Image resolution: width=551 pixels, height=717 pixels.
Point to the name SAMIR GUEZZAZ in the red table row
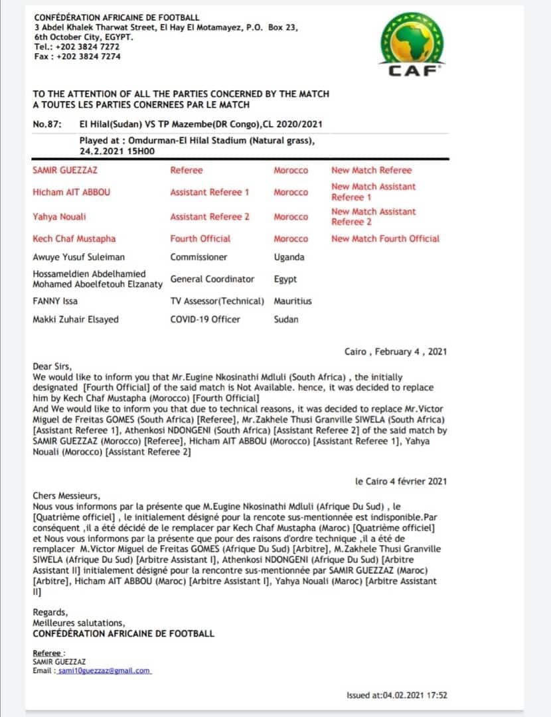[65, 171]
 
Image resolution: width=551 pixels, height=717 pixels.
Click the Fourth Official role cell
[200, 238]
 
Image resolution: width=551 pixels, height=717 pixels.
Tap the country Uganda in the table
[289, 257]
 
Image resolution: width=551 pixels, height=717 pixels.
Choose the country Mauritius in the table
[293, 301]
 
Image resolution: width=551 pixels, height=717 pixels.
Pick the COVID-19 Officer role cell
[206, 319]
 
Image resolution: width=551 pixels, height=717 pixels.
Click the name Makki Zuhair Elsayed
[76, 319]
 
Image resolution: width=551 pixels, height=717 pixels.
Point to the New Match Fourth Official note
[385, 238]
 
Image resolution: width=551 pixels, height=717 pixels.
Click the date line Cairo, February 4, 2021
[396, 352]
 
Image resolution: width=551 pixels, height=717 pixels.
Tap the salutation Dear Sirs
[52, 365]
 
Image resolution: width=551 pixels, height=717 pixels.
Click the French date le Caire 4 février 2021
[400, 481]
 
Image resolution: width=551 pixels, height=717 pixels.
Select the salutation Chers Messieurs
[66, 495]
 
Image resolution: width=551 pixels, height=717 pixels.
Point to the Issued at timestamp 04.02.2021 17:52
[396, 695]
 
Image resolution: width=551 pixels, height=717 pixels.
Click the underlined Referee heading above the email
[50, 653]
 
